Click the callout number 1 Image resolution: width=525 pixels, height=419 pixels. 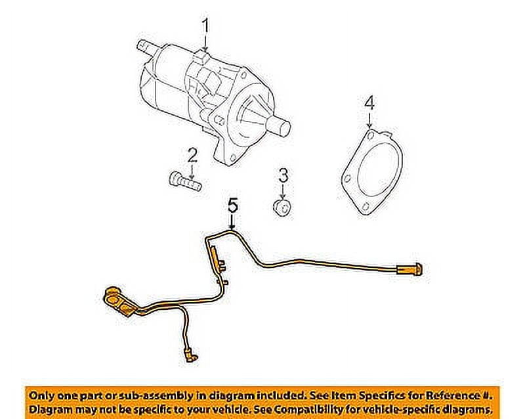pos(205,27)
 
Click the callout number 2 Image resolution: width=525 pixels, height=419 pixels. pos(192,156)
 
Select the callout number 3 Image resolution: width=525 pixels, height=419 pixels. pos(283,175)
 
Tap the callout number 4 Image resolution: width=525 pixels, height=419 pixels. pos(369,103)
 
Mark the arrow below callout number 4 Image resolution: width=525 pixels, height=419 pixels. pos(369,122)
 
